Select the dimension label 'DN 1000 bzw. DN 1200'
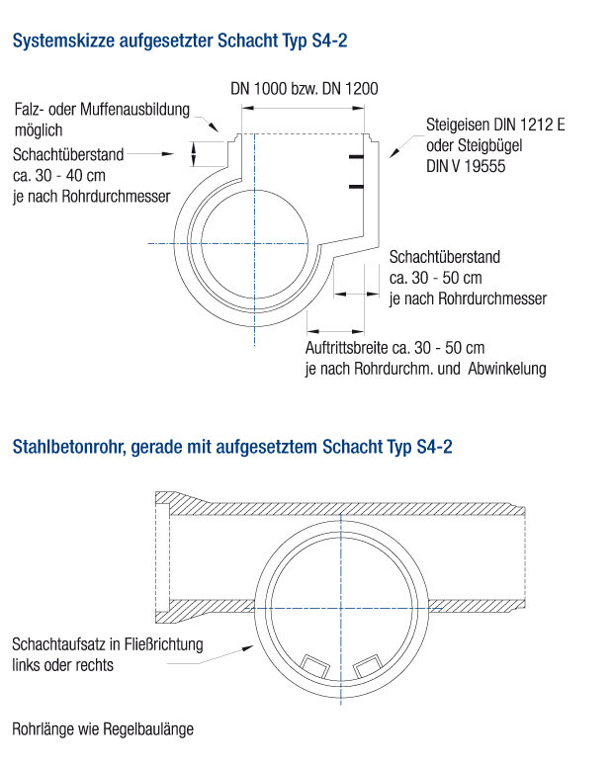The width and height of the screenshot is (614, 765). (x=304, y=88)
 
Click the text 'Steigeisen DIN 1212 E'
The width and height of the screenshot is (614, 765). (x=494, y=127)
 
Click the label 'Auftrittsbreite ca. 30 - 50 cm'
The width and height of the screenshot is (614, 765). (x=395, y=348)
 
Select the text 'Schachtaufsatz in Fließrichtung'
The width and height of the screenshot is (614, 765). (x=108, y=644)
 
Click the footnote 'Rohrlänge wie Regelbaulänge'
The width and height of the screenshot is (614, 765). (x=103, y=729)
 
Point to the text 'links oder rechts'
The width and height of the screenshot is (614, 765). (x=62, y=665)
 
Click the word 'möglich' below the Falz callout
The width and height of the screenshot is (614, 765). (x=39, y=129)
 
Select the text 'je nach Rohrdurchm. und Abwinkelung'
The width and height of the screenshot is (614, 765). (x=425, y=369)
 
